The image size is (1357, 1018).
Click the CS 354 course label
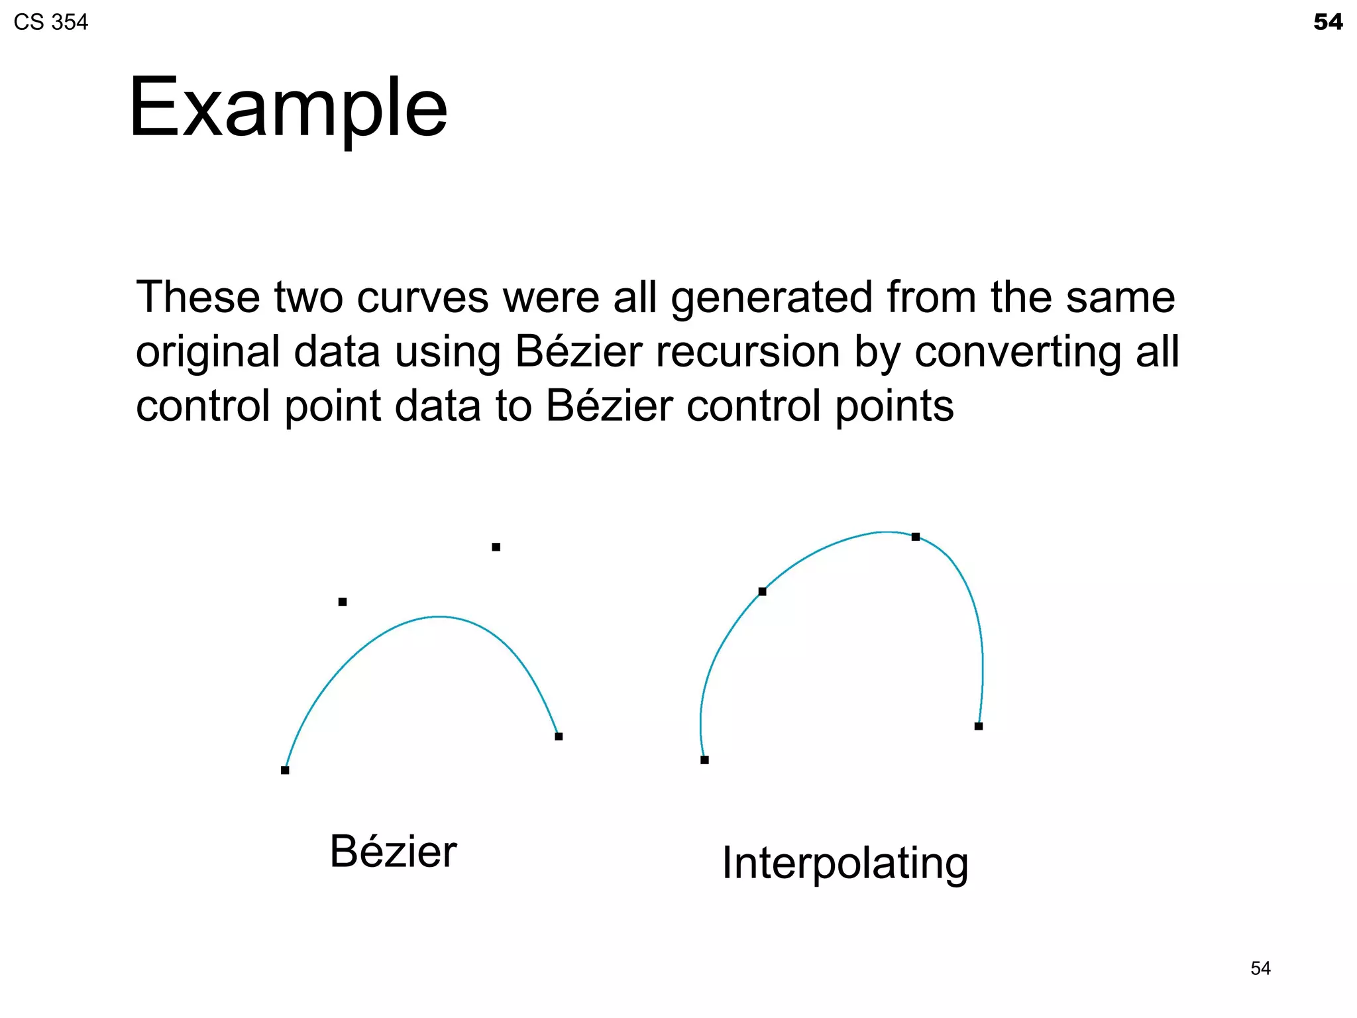point(51,23)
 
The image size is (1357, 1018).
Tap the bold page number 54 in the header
point(1328,23)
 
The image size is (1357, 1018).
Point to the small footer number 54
point(1260,968)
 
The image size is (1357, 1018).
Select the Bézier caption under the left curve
point(393,852)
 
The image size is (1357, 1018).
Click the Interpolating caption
point(845,864)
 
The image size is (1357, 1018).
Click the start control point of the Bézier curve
point(285,770)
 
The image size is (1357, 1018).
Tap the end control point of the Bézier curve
point(559,736)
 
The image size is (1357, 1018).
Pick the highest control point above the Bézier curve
point(496,547)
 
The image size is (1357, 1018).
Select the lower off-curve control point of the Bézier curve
point(343,602)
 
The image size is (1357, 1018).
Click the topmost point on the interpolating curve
point(916,537)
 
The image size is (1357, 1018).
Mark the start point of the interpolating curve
point(704,760)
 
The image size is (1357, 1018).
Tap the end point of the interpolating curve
point(979,726)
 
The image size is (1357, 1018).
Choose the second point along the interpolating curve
point(763,591)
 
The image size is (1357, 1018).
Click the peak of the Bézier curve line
point(439,617)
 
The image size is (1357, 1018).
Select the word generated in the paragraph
point(771,297)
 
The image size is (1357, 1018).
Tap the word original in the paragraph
point(208,351)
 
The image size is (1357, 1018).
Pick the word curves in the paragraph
point(423,297)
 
